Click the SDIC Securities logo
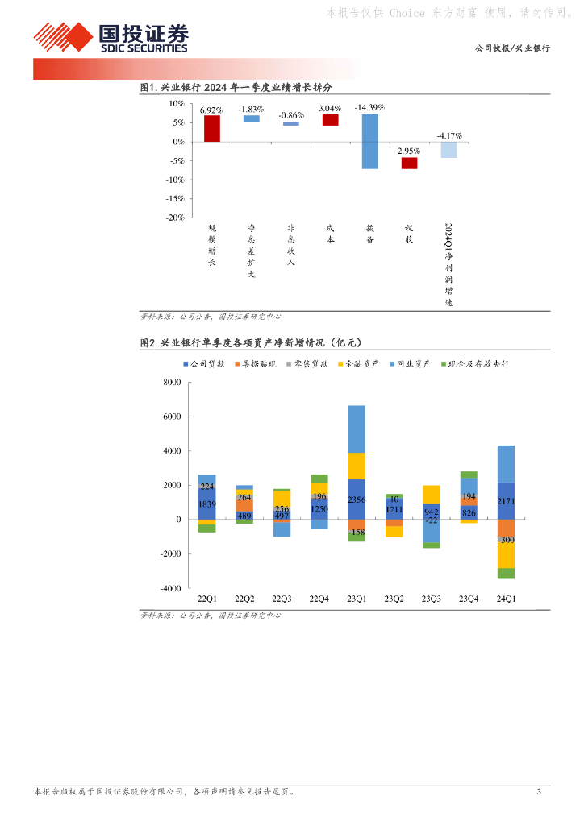pos(111,37)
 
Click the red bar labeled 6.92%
pos(211,128)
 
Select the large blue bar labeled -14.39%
pos(369,141)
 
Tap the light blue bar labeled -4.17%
pos(448,149)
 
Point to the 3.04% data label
pos(330,107)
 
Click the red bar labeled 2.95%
pos(410,163)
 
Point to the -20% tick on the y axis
pos(175,218)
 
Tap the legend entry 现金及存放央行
pos(479,364)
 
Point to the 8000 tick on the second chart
pos(172,383)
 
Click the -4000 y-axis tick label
pos(170,588)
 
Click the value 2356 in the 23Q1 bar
pos(356,500)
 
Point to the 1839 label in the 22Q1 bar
pos(207,504)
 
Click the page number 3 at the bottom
pos(539,792)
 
